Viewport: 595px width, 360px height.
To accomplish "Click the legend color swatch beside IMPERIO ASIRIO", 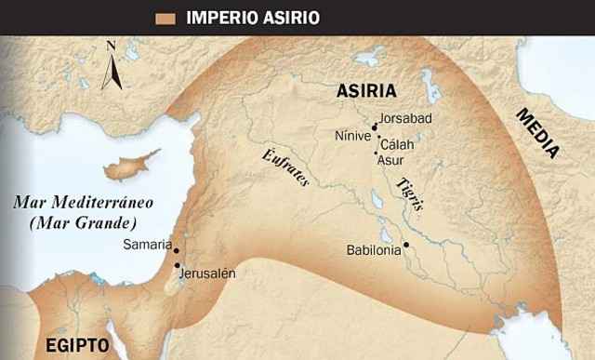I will click(168, 17).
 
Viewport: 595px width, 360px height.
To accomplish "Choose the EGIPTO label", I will click(78, 346).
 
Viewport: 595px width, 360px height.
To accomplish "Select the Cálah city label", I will click(398, 144).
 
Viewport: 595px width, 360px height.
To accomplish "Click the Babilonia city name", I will click(373, 249).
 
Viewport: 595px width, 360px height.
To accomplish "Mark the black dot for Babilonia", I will click(406, 245).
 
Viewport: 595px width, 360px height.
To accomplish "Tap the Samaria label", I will click(148, 245).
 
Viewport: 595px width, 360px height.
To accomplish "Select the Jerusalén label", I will click(209, 273).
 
